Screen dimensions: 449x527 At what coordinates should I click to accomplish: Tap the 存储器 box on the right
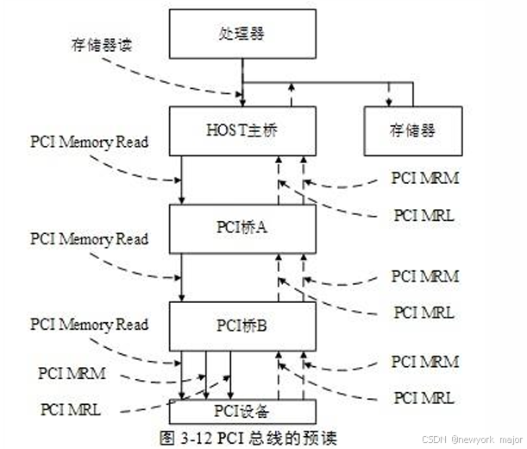pos(413,130)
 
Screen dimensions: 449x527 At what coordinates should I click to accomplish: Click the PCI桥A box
pos(240,229)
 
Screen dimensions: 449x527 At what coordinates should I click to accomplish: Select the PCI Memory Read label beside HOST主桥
pos(88,142)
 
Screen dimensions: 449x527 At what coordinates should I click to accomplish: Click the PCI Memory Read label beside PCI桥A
pos(88,238)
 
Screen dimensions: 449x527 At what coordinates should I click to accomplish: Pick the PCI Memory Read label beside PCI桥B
pos(88,325)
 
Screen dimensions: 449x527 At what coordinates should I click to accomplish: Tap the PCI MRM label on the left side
pos(74,373)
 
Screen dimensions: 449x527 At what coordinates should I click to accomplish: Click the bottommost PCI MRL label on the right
pos(423,397)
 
